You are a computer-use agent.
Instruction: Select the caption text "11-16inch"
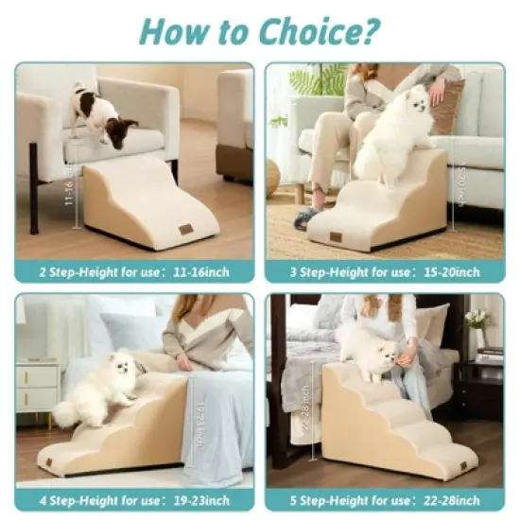[x=200, y=272]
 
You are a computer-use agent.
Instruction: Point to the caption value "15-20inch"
[x=450, y=272]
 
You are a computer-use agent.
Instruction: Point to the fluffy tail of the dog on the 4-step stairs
[x=67, y=413]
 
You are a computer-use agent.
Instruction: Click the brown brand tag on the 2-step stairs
[x=186, y=229]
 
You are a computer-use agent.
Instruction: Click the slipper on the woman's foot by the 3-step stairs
[x=304, y=219]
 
